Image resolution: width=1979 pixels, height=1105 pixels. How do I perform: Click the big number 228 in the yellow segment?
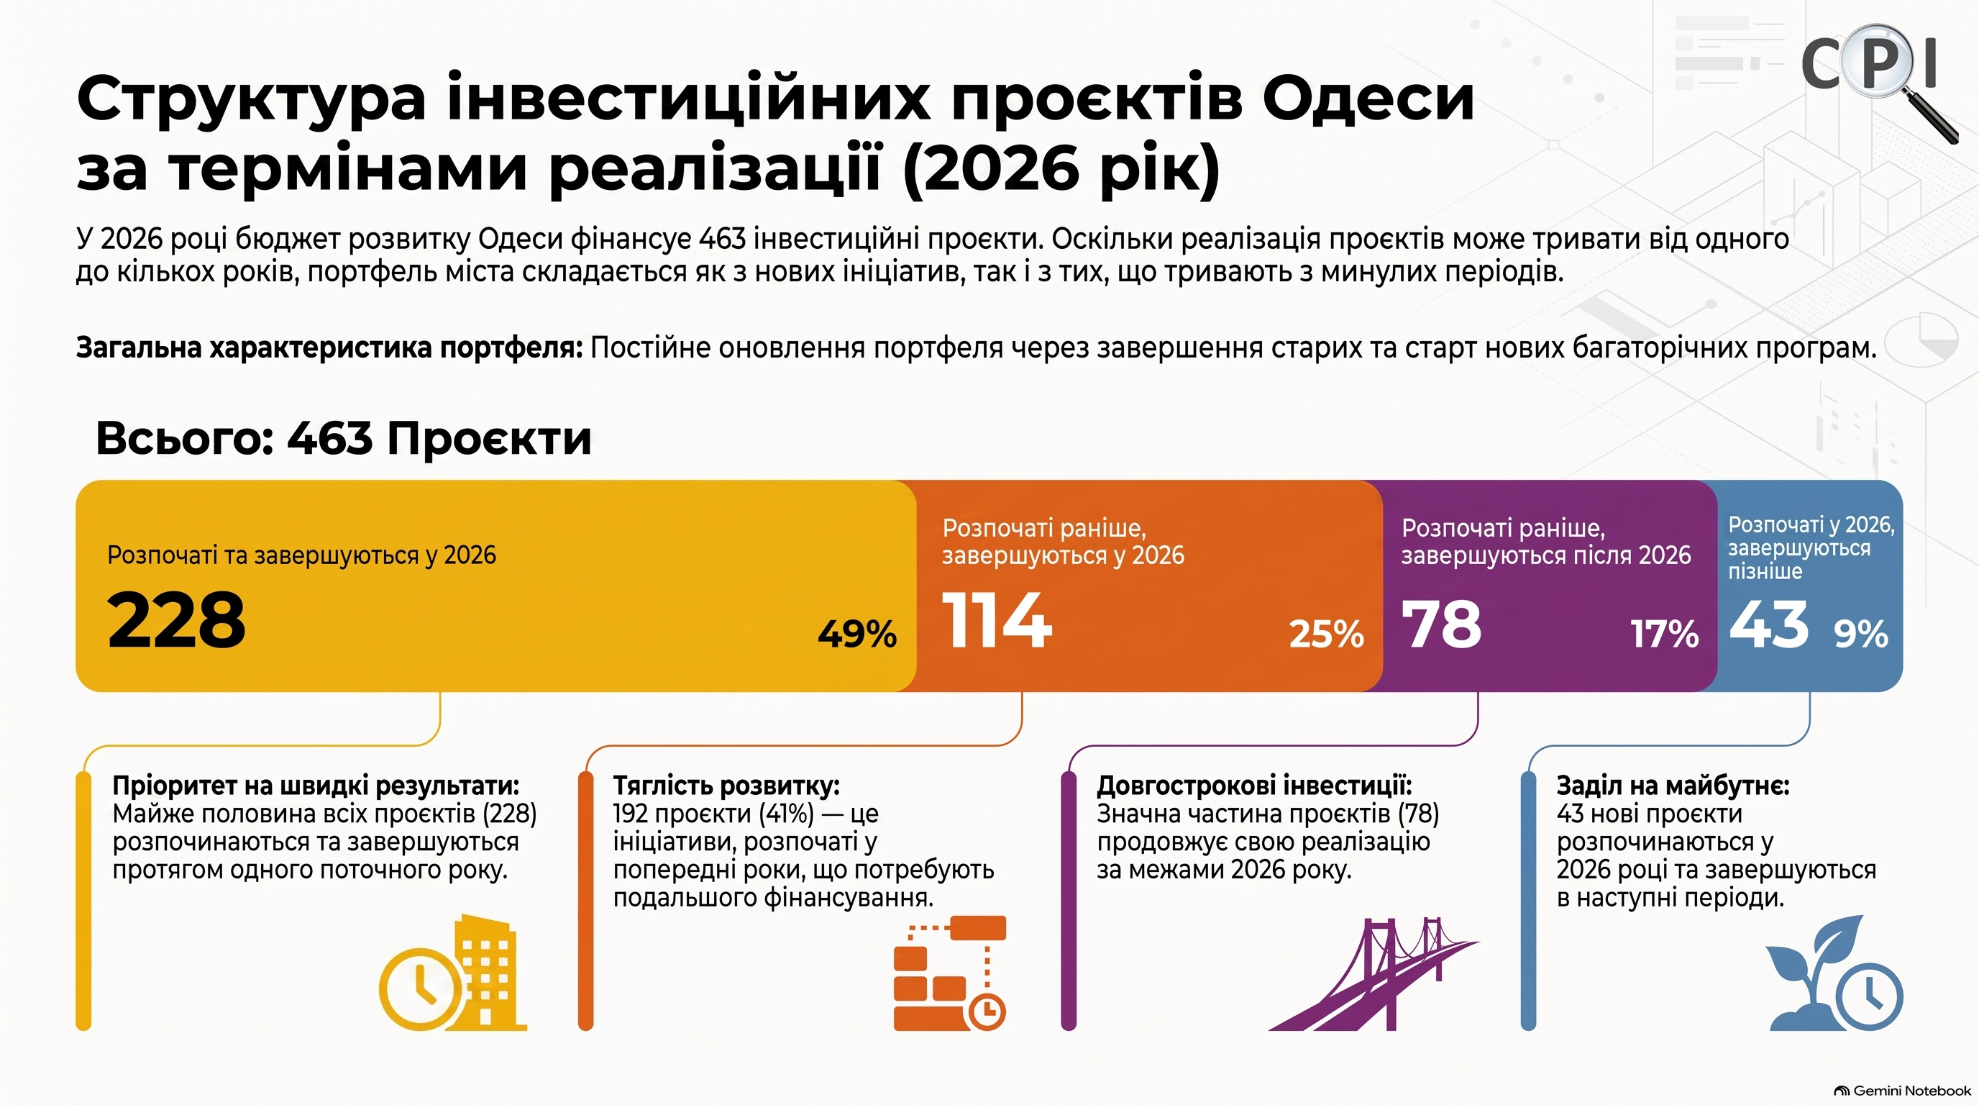click(x=177, y=620)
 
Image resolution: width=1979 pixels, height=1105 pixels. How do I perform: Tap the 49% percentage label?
click(x=857, y=634)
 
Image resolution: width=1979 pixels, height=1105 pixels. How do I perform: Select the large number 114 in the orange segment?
click(x=997, y=620)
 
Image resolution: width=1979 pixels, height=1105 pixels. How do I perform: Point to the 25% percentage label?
click(x=1327, y=634)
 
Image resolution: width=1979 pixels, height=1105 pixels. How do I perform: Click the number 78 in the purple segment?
click(x=1441, y=623)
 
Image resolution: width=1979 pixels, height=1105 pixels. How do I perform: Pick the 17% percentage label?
click(x=1665, y=634)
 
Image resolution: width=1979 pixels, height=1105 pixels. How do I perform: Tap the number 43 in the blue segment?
click(x=1769, y=623)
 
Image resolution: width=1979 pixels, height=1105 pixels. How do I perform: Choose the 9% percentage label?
click(x=1860, y=634)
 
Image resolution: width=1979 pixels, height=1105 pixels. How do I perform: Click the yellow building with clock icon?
click(x=453, y=973)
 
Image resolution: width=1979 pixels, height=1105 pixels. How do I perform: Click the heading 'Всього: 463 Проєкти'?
click(x=344, y=439)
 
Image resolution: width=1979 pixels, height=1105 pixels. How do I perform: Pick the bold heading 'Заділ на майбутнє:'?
click(x=1673, y=786)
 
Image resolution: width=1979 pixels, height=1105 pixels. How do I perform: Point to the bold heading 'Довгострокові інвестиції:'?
click(x=1254, y=786)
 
